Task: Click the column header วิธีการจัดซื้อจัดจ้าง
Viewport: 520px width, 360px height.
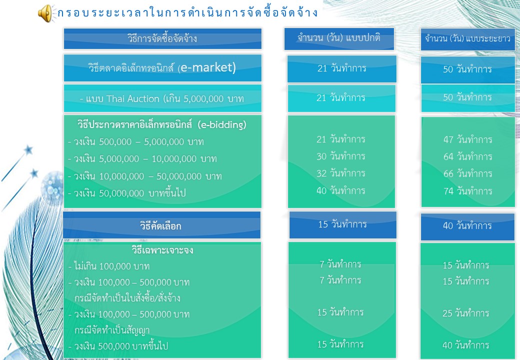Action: pos(162,38)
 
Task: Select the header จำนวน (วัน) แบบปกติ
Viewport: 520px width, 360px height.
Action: pos(339,38)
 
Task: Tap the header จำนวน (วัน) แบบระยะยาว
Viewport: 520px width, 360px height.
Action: pos(467,39)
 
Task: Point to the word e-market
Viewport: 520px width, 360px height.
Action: pos(208,67)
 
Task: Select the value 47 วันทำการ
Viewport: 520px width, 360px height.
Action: pos(467,139)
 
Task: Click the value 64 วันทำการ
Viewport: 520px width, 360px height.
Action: pos(467,156)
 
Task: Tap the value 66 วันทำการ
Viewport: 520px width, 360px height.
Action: pos(467,173)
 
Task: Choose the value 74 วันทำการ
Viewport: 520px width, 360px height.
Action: pos(467,191)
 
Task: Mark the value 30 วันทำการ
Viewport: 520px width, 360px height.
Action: pos(340,156)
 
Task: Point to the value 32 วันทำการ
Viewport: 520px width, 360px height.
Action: pos(340,173)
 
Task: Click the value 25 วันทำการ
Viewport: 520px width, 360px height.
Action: pos(465,313)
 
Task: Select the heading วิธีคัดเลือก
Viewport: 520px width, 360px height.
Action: pos(160,226)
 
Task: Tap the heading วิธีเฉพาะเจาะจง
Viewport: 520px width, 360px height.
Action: pos(162,250)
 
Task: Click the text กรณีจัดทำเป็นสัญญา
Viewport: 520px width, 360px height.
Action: pos(112,330)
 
